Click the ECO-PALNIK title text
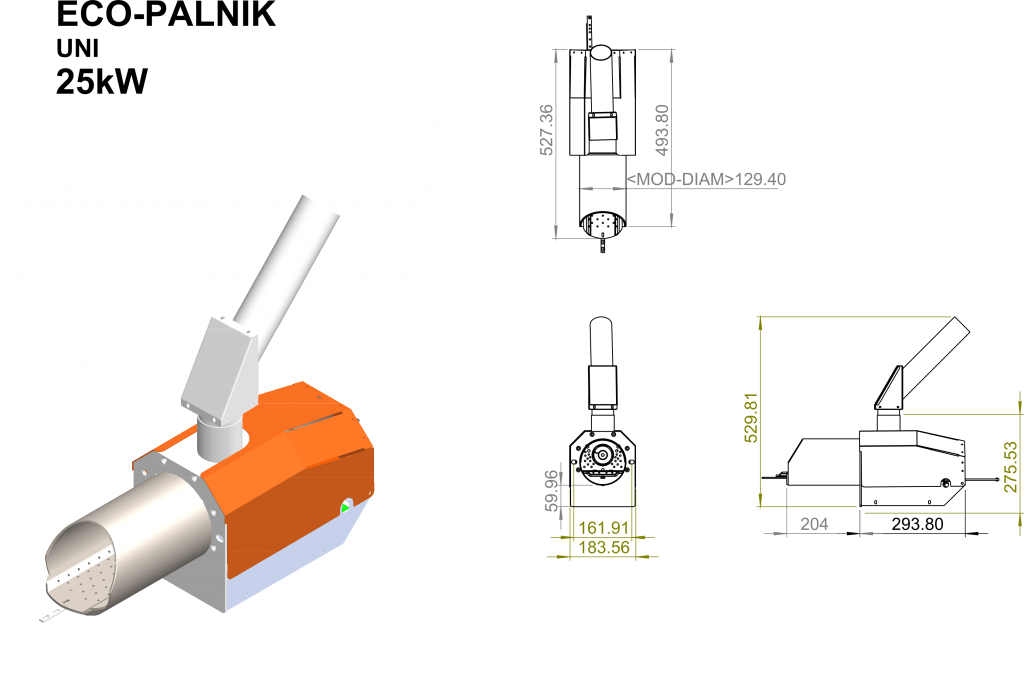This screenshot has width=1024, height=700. (x=166, y=13)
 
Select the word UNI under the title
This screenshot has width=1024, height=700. (x=78, y=49)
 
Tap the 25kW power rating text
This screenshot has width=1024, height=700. (x=102, y=82)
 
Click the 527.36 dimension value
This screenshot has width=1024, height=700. (x=546, y=130)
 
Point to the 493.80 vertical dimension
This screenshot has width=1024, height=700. (x=662, y=130)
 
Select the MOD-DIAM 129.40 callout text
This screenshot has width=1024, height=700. (x=706, y=179)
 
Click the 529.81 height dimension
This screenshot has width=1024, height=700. (x=751, y=417)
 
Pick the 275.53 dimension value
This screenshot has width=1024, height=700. (x=1010, y=467)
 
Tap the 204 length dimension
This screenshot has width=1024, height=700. (x=814, y=524)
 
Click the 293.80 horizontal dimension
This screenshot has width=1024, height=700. (x=917, y=524)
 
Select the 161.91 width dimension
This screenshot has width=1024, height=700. (x=603, y=527)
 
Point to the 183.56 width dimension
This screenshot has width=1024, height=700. (x=604, y=547)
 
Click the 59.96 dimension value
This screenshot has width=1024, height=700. (x=551, y=490)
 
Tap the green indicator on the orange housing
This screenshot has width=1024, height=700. (x=345, y=507)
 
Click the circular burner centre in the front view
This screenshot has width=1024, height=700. (x=602, y=454)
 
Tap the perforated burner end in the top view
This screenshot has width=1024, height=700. (x=602, y=223)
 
